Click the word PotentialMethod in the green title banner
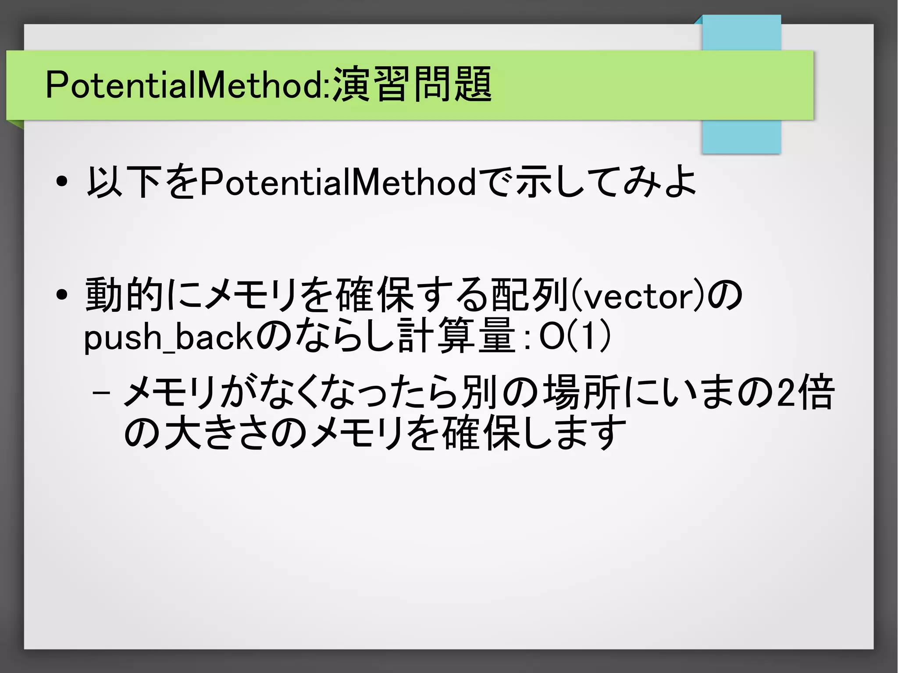click(184, 84)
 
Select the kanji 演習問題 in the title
click(412, 84)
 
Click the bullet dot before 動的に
click(62, 295)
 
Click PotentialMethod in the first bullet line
click(338, 182)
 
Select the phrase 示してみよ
click(605, 182)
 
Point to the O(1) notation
click(574, 337)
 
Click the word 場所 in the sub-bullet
click(581, 392)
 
